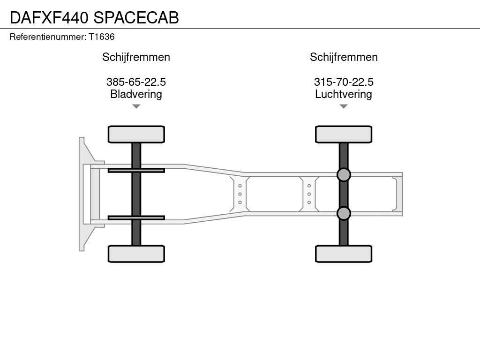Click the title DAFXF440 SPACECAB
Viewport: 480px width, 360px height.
click(x=94, y=17)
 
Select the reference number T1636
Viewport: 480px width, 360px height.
click(x=102, y=37)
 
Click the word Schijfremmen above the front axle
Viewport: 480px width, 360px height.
click(x=136, y=57)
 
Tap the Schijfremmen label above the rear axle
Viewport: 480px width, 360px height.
click(x=344, y=57)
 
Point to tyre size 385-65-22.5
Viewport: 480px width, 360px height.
click(x=136, y=82)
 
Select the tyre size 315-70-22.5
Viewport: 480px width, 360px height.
click(x=344, y=82)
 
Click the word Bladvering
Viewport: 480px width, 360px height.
click(x=136, y=94)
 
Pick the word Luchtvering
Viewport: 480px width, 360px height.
click(x=344, y=94)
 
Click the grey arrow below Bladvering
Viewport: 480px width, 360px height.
click(x=136, y=106)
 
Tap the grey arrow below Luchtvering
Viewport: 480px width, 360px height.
click(x=344, y=106)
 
